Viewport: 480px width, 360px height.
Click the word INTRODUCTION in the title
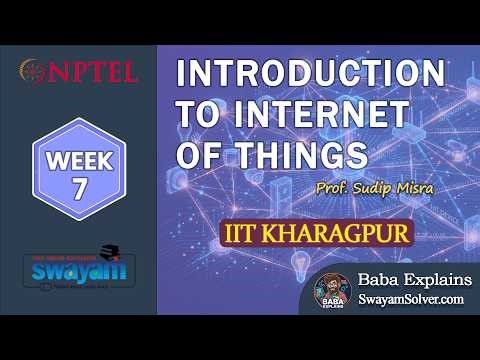point(310,76)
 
